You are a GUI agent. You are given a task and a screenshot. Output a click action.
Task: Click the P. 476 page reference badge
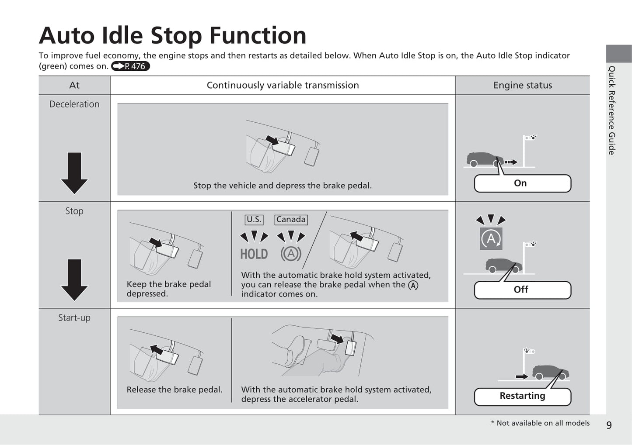click(130, 66)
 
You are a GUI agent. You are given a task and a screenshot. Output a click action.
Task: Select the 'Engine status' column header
click(523, 85)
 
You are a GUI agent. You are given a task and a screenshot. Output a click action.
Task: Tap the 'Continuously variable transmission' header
click(283, 85)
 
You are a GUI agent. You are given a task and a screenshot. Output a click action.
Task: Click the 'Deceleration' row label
click(74, 104)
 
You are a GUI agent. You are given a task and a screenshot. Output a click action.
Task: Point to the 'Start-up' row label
click(74, 317)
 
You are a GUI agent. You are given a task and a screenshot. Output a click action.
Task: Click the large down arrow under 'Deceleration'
click(74, 173)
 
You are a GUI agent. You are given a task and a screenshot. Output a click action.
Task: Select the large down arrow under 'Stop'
click(74, 280)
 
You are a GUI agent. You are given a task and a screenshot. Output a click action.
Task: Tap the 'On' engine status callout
click(523, 183)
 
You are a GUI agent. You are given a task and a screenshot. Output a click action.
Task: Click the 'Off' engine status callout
click(523, 290)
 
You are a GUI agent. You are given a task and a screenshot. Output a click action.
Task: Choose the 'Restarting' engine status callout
click(523, 397)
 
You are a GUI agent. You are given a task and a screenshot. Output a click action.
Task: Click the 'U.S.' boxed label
click(254, 220)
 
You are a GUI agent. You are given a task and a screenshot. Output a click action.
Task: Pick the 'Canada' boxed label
click(291, 220)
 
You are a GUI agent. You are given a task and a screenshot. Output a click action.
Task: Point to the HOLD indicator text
click(254, 254)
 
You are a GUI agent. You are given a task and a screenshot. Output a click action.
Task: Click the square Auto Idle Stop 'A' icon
click(491, 239)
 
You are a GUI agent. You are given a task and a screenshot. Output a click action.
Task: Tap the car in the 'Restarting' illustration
click(550, 373)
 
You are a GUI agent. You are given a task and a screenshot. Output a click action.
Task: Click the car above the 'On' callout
click(485, 159)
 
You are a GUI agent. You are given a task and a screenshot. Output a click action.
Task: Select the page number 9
click(609, 425)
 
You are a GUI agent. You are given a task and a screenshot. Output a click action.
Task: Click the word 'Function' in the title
click(258, 35)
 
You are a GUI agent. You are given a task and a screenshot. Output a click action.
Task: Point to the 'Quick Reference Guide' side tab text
click(611, 110)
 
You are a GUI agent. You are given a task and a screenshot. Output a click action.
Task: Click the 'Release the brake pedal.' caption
click(175, 390)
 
